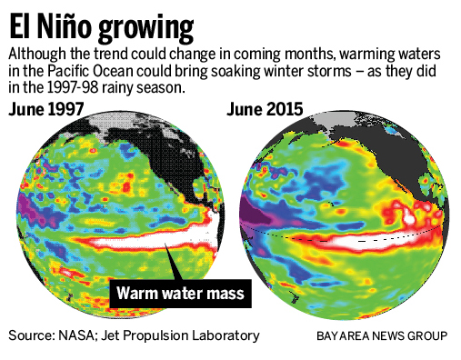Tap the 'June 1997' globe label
pos(46,110)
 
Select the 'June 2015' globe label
pos(265,110)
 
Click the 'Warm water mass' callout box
pos(182,294)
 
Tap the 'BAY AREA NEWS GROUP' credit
pos(382,336)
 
